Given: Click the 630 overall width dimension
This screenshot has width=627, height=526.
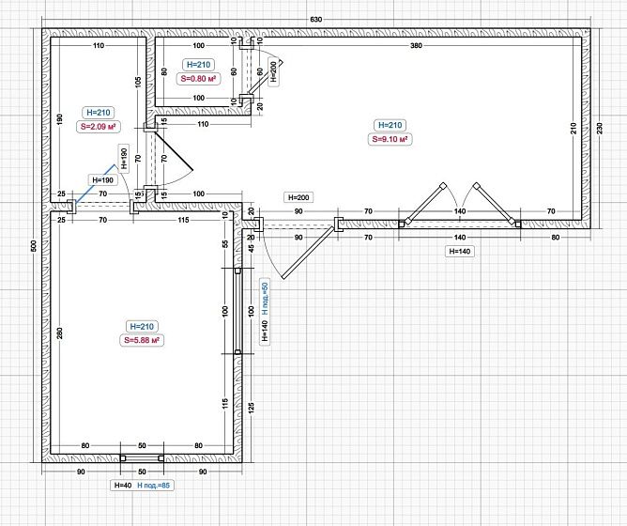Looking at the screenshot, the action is pyautogui.click(x=316, y=20).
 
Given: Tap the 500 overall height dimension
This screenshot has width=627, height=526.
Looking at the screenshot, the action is pyautogui.click(x=34, y=245).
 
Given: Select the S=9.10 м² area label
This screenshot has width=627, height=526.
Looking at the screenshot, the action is pyautogui.click(x=390, y=139).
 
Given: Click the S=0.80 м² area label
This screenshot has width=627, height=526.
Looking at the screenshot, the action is pyautogui.click(x=198, y=79).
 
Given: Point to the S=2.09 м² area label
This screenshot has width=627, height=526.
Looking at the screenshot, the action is pyautogui.click(x=99, y=127).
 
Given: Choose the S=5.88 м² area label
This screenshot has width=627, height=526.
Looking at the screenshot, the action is pyautogui.click(x=142, y=340).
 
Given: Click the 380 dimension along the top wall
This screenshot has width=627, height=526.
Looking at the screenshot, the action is pyautogui.click(x=416, y=46).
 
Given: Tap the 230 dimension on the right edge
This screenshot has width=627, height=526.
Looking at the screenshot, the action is pyautogui.click(x=599, y=129).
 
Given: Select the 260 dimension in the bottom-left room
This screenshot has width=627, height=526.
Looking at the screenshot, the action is pyautogui.click(x=60, y=333).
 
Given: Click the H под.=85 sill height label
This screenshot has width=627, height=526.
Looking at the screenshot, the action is pyautogui.click(x=154, y=486).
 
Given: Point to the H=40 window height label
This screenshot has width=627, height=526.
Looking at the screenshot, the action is pyautogui.click(x=123, y=486).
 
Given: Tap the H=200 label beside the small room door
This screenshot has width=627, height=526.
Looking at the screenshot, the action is pyautogui.click(x=273, y=71).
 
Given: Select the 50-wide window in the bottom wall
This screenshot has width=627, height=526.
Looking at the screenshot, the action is pyautogui.click(x=142, y=458).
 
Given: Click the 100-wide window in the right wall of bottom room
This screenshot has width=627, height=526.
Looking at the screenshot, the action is pyautogui.click(x=237, y=311).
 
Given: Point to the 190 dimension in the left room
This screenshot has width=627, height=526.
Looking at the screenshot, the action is pyautogui.click(x=60, y=119).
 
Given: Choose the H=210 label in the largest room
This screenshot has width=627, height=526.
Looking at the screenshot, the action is pyautogui.click(x=390, y=125).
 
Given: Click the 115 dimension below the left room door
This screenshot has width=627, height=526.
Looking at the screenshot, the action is pyautogui.click(x=183, y=220).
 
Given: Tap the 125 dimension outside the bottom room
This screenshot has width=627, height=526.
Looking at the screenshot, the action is pyautogui.click(x=252, y=407).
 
